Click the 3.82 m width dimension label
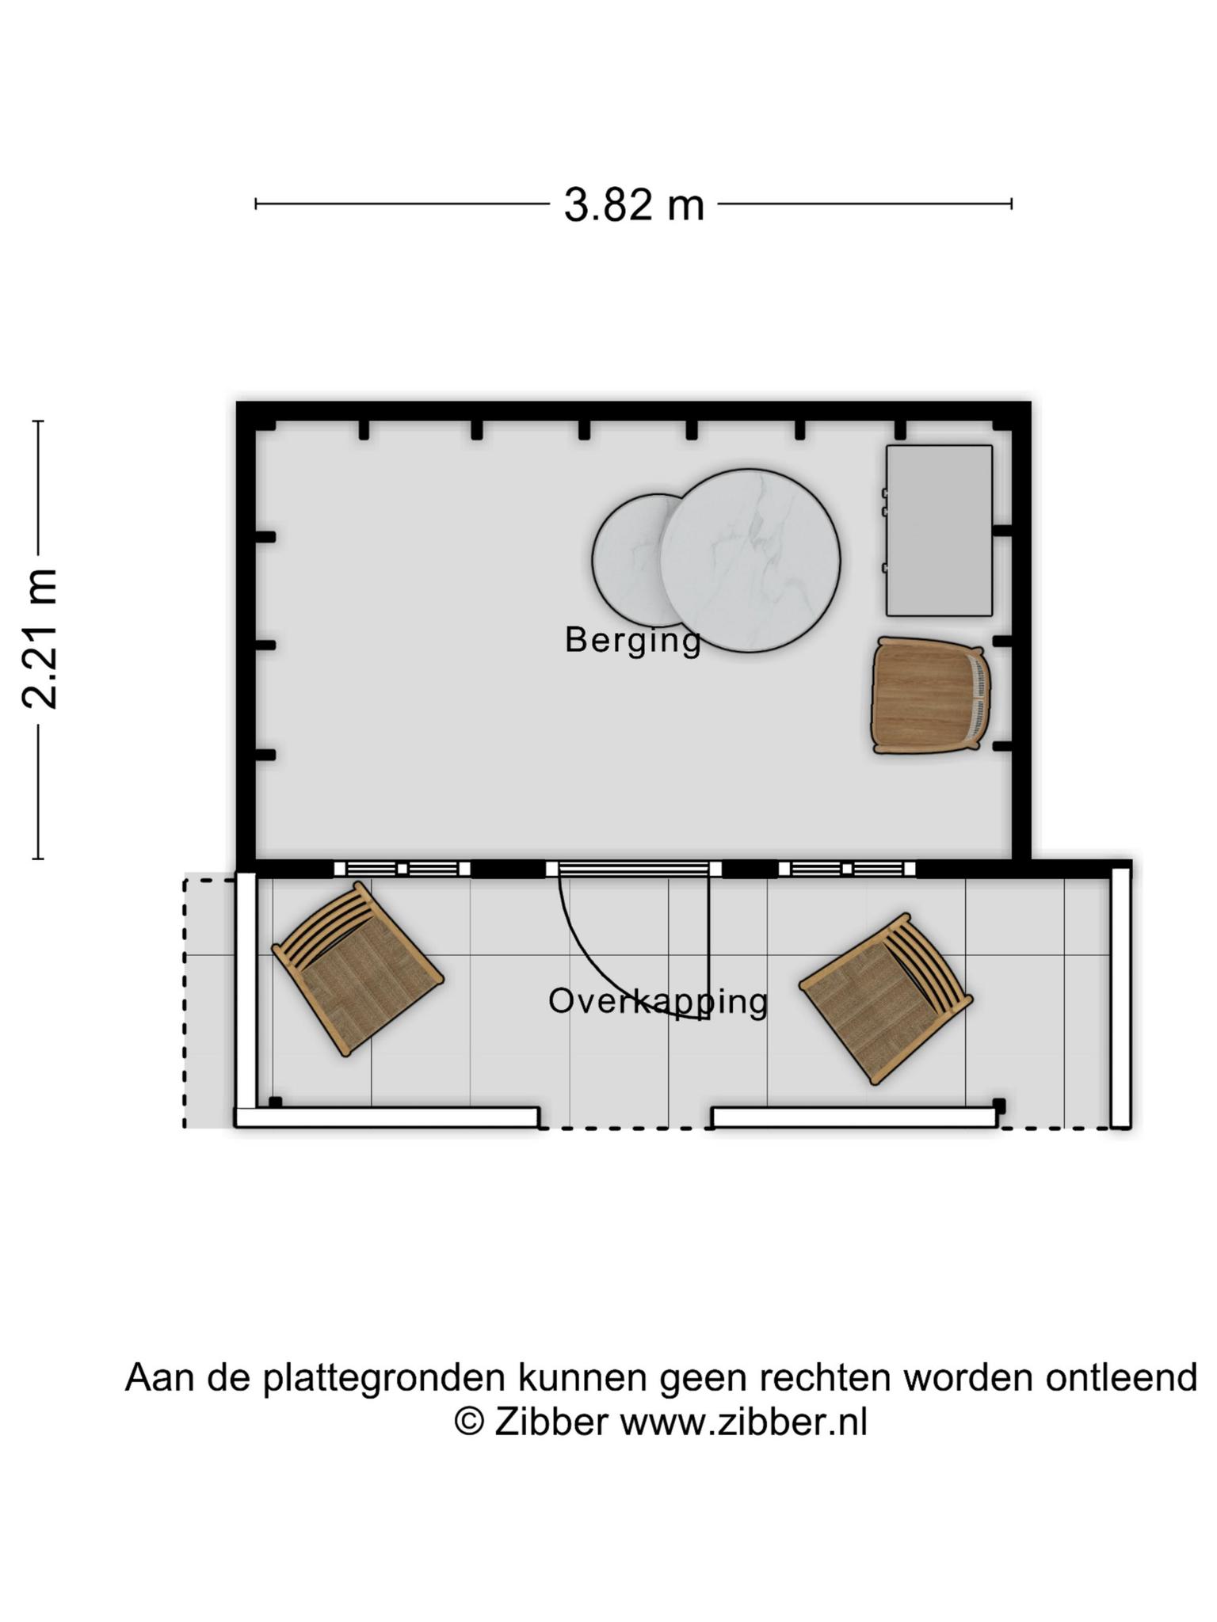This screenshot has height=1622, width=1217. (x=634, y=205)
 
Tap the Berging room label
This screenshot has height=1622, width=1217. (x=633, y=640)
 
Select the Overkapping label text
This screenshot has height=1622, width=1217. (x=658, y=1002)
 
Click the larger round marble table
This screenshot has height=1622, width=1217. (x=750, y=561)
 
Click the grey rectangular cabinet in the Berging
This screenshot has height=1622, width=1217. (x=939, y=531)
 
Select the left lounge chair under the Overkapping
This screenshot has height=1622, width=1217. (x=357, y=970)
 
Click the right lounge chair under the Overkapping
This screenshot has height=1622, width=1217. (x=886, y=999)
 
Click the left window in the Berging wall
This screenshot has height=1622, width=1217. (x=402, y=869)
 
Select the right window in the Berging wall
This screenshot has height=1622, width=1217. (x=847, y=869)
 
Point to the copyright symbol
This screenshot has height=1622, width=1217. (x=469, y=1422)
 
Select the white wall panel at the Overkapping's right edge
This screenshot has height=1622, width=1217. (x=1120, y=997)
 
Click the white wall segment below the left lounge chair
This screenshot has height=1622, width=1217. (x=387, y=1118)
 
